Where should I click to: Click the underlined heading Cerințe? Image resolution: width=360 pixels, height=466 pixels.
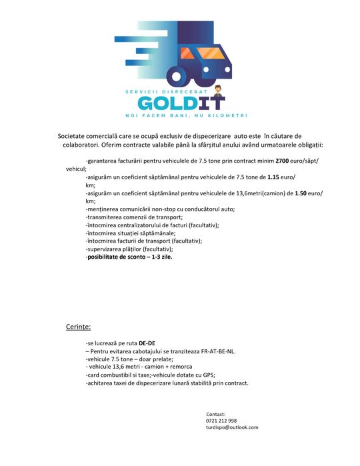pos(78,327)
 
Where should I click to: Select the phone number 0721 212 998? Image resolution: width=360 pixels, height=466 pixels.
pos(221,421)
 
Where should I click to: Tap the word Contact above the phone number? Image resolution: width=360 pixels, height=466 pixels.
pos(216,414)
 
